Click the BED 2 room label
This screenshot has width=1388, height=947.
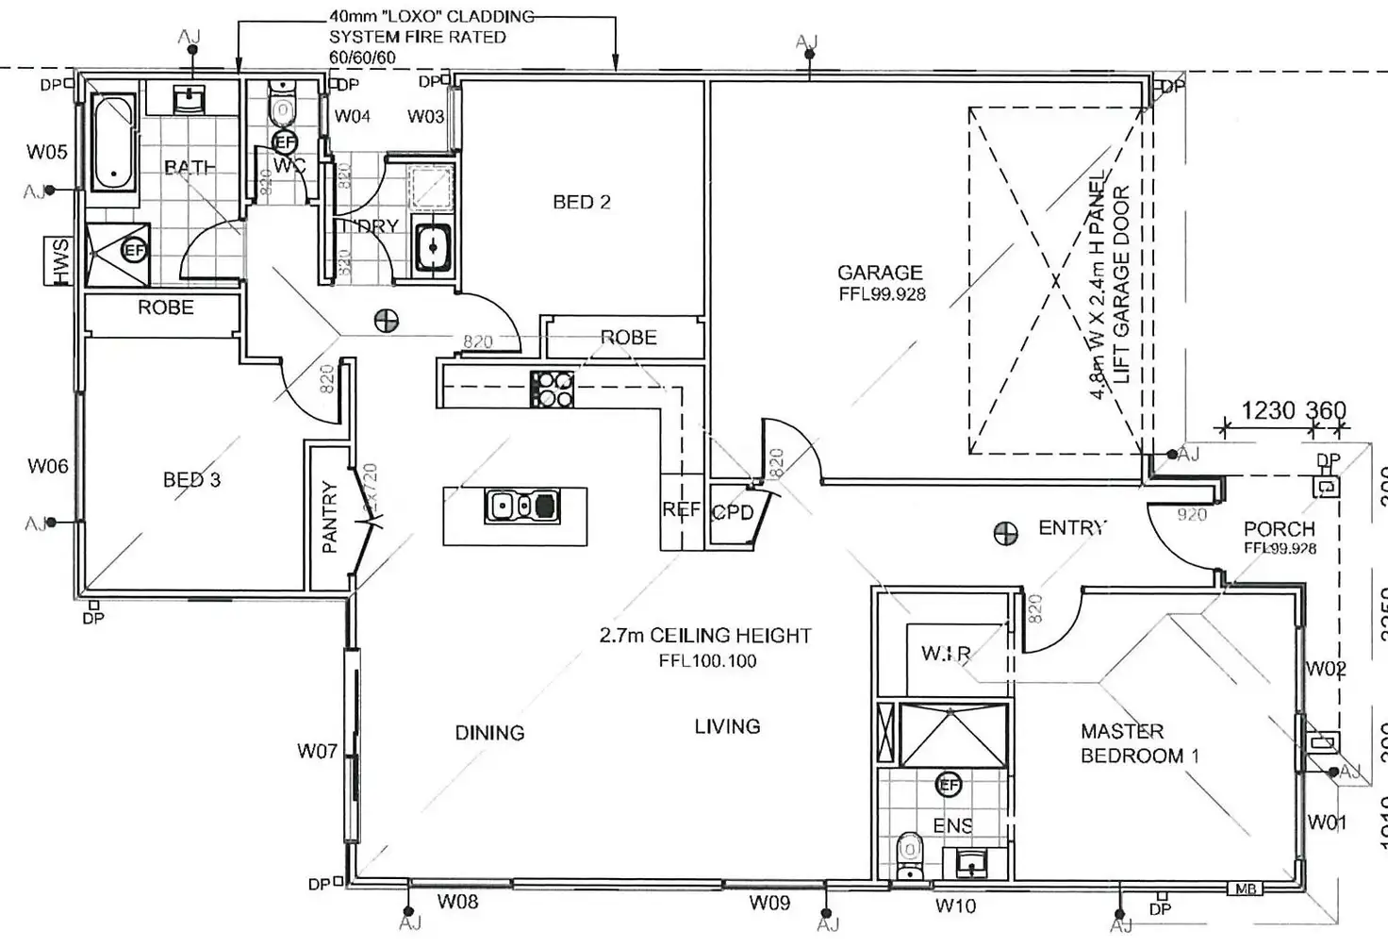coord(581,202)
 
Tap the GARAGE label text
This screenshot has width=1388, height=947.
coord(879,273)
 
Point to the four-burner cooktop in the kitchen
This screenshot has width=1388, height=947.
coord(553,389)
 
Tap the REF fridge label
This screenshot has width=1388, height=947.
coord(681,510)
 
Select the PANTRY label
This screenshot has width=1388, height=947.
coord(329,517)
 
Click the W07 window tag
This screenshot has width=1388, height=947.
coord(317,752)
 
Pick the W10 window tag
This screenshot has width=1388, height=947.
coord(955,906)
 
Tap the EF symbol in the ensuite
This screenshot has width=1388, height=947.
coord(948,784)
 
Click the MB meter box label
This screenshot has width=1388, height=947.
coord(1245,889)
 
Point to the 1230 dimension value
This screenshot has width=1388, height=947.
coord(1267,411)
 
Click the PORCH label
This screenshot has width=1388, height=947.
coord(1279,529)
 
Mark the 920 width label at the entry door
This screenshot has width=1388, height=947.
coord(1191,515)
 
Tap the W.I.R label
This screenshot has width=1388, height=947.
coord(946,653)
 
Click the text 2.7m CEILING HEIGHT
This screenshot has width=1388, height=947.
coord(704,636)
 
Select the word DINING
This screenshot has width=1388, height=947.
coord(489,733)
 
